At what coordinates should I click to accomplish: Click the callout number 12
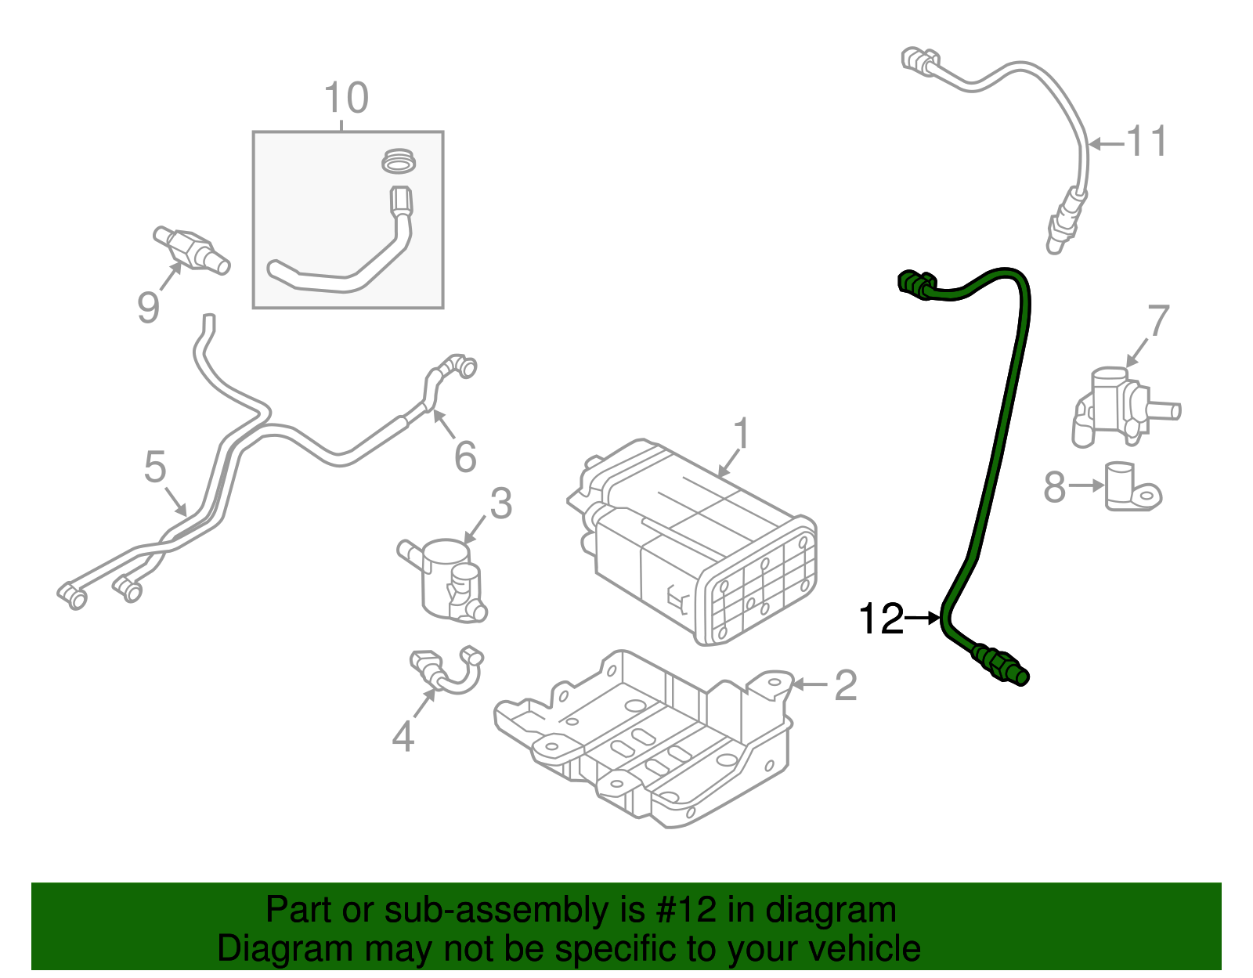click(x=881, y=619)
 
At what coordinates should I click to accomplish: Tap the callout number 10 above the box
click(x=345, y=99)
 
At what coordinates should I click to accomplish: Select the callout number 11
click(x=1146, y=143)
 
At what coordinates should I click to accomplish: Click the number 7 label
click(x=1158, y=320)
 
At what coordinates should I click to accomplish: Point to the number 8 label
click(x=1055, y=487)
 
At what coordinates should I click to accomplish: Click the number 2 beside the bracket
click(x=845, y=685)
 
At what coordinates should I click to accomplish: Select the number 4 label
click(x=403, y=736)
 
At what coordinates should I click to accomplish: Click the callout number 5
click(x=155, y=467)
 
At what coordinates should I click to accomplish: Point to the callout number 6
click(x=465, y=457)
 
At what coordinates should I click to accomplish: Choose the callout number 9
click(x=148, y=307)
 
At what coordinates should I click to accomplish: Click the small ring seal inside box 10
click(x=399, y=161)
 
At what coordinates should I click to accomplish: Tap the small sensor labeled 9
click(x=190, y=248)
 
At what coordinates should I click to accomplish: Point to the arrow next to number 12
click(x=923, y=619)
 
